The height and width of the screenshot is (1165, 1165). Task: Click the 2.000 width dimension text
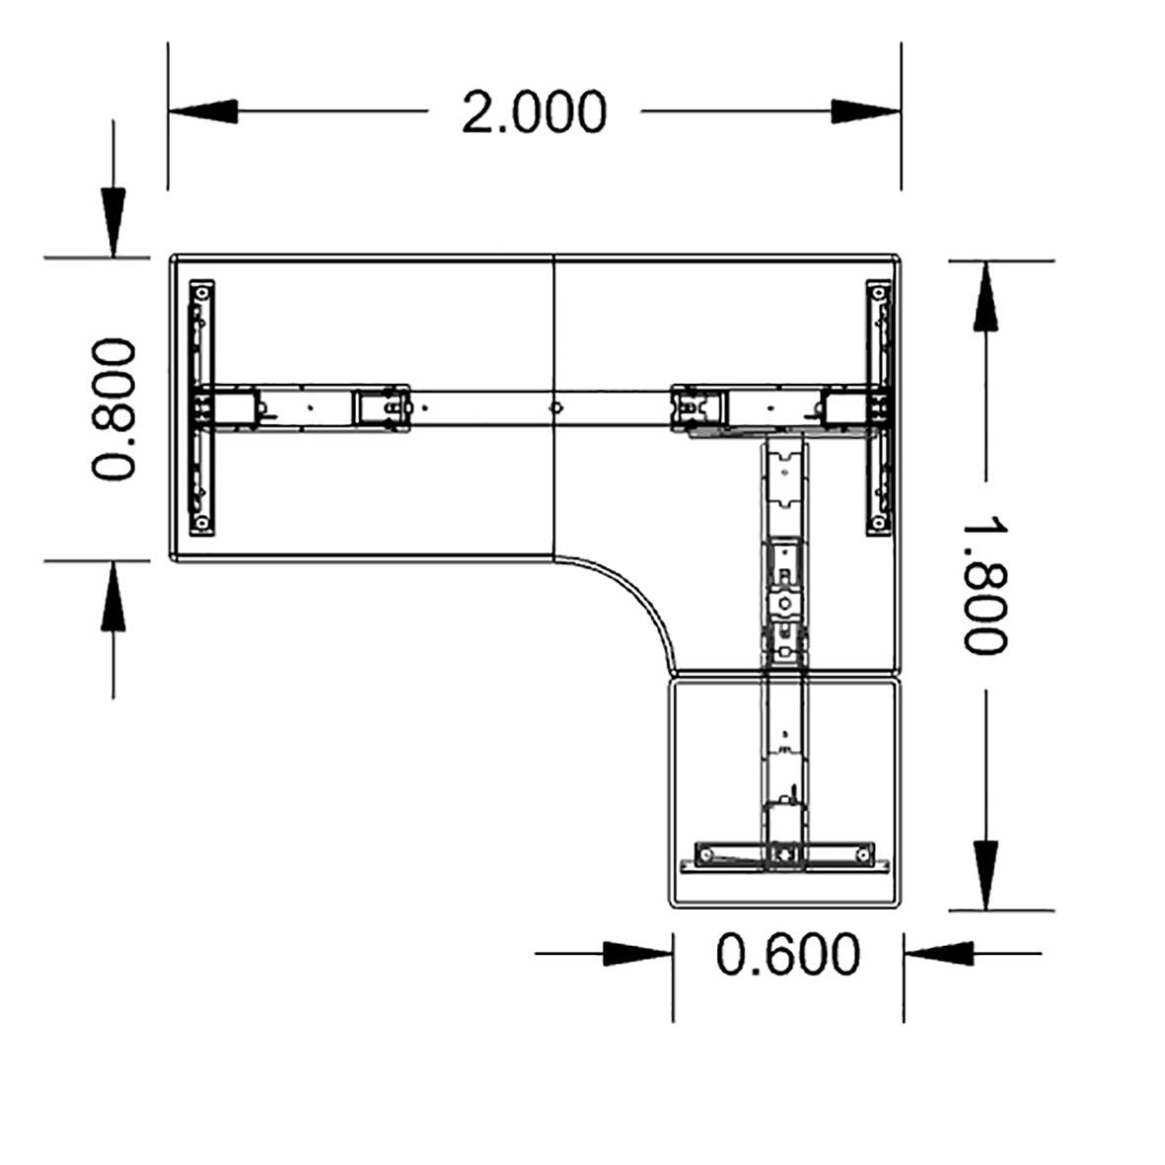[534, 111]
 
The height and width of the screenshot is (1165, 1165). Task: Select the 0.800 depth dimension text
[112, 408]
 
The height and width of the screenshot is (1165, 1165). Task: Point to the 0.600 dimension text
[787, 954]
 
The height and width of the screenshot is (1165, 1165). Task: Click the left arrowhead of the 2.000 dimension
[203, 111]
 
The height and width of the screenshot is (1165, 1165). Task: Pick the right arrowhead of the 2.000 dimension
[865, 111]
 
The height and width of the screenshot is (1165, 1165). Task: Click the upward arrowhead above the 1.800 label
[984, 298]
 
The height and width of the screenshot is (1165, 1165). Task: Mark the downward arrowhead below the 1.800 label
[984, 874]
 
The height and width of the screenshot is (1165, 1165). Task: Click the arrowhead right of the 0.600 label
[938, 954]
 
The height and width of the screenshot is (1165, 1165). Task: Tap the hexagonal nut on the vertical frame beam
[783, 602]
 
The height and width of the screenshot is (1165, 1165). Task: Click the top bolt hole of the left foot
[201, 293]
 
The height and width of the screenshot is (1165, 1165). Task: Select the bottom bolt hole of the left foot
[201, 522]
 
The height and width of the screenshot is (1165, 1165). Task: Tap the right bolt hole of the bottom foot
[863, 851]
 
